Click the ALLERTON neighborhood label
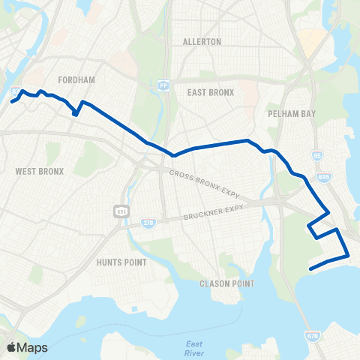point(202,42)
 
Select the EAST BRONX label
point(211,92)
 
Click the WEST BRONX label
point(40,171)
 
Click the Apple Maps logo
point(27,347)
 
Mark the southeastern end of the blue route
point(310,268)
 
